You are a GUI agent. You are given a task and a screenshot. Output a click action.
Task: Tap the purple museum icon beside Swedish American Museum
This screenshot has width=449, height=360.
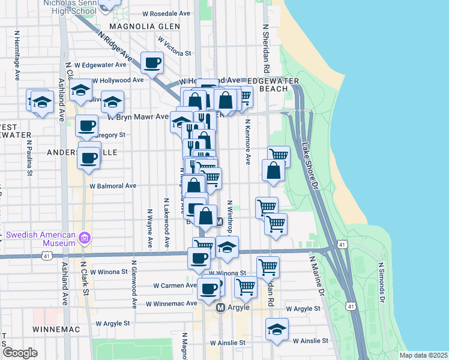pos(85,238)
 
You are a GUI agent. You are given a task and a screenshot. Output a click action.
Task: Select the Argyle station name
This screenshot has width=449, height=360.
pos(239,307)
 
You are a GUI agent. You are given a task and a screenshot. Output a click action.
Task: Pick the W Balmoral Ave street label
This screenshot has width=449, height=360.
pos(113,186)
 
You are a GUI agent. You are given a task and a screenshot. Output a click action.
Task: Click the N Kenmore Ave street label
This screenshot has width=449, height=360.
pos(247,142)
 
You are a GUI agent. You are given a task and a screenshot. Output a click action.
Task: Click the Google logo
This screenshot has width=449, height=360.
pos(20,353)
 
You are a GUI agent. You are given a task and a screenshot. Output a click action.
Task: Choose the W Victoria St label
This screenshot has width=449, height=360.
pos(174,46)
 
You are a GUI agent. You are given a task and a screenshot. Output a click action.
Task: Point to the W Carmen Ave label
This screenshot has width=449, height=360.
pos(175,286)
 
